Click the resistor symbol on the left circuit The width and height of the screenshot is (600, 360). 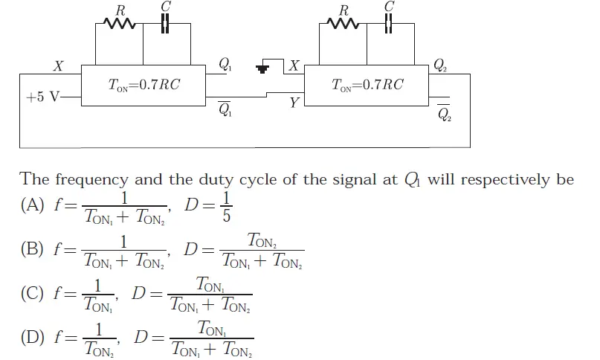pyautogui.click(x=120, y=25)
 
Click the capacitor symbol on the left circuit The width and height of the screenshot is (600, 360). pyautogui.click(x=166, y=25)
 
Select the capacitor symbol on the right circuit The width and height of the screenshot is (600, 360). pyautogui.click(x=388, y=25)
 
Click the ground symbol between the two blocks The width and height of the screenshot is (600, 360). pyautogui.click(x=262, y=69)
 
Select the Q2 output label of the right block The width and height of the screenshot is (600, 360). pyautogui.click(x=440, y=65)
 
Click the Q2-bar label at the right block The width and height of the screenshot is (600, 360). pyautogui.click(x=444, y=112)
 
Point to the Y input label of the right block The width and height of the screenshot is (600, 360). pyautogui.click(x=294, y=103)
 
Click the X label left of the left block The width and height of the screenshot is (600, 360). pyautogui.click(x=57, y=67)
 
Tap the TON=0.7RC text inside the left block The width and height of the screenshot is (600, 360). pyautogui.click(x=144, y=85)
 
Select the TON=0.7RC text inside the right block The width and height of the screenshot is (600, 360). pyautogui.click(x=368, y=85)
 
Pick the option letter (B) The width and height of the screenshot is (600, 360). pyautogui.click(x=33, y=249)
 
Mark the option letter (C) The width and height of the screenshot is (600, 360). pyautogui.click(x=33, y=293)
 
